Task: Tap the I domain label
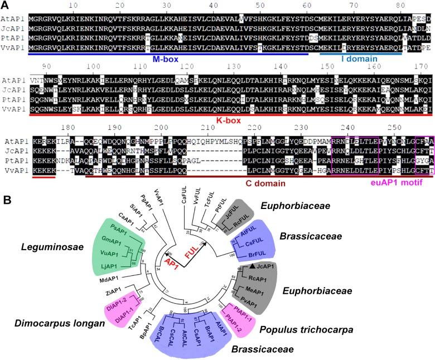click(x=360, y=58)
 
